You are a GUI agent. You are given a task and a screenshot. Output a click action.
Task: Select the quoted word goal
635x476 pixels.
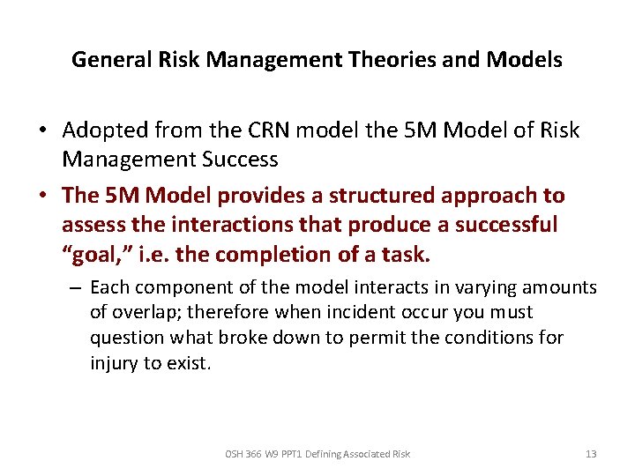[92, 254]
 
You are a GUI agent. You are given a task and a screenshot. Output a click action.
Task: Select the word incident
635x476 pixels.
[353, 313]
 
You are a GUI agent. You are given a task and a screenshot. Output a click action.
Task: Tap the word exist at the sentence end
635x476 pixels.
[188, 362]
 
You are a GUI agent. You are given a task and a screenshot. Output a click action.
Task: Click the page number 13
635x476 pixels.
[590, 454]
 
